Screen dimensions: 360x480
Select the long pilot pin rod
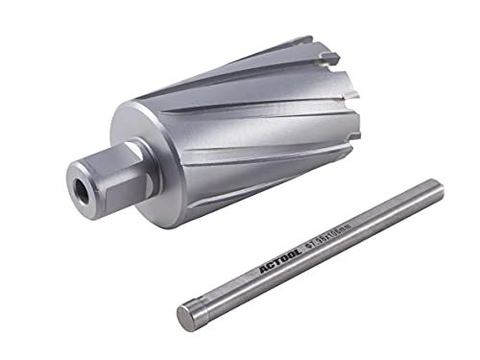coord(298,252)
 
